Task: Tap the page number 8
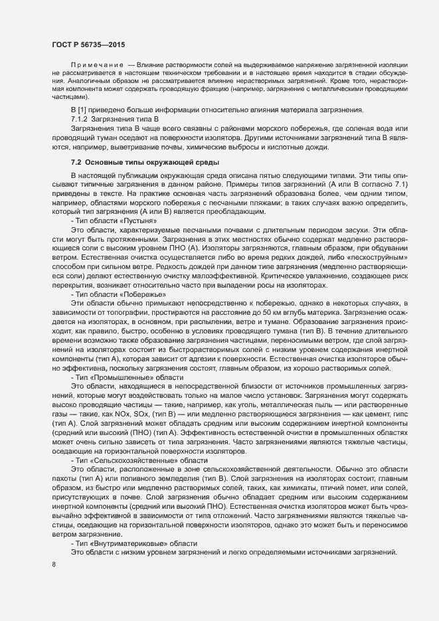pyautogui.click(x=54, y=565)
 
